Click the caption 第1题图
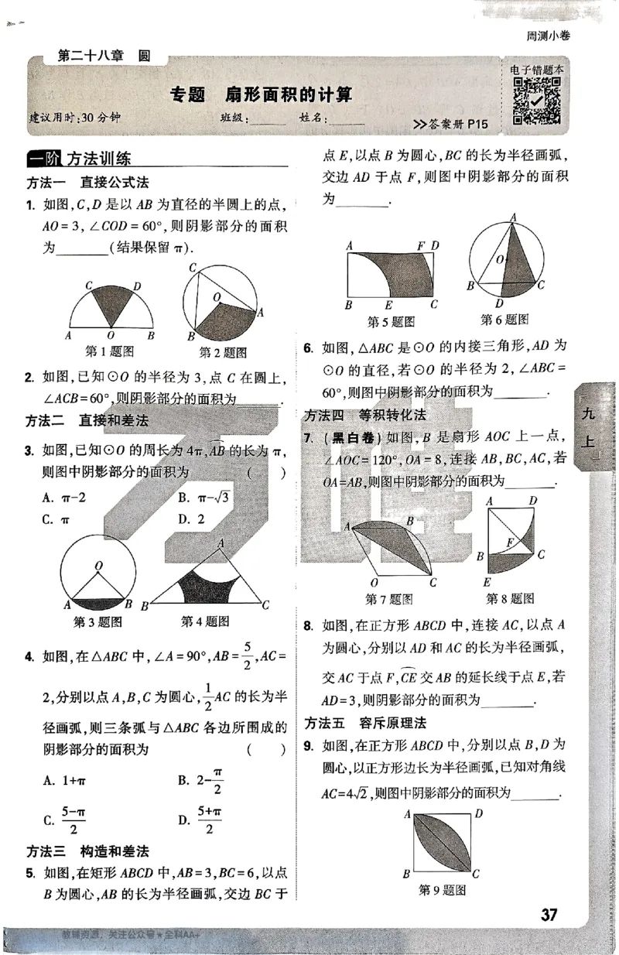[x=109, y=351]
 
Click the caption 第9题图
[x=442, y=890]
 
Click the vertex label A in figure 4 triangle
[x=221, y=543]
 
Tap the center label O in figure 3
[x=97, y=566]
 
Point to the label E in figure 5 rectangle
[x=388, y=304]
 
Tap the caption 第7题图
[x=388, y=598]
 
